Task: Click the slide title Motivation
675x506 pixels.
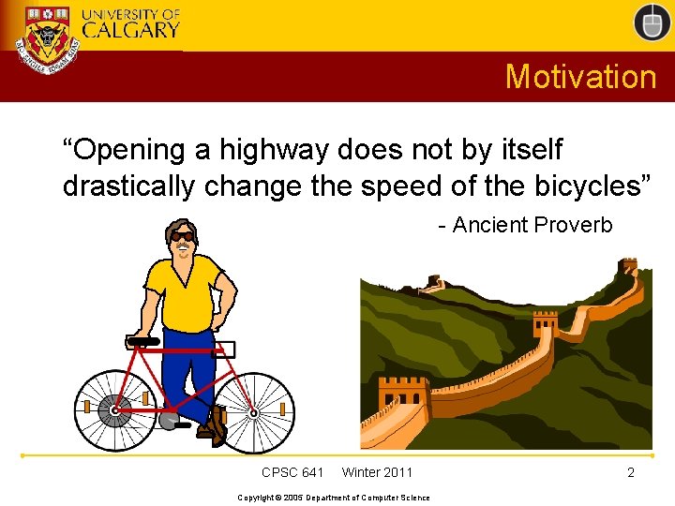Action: pyautogui.click(x=580, y=76)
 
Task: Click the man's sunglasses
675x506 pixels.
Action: pyautogui.click(x=182, y=236)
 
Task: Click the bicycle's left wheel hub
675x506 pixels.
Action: pyautogui.click(x=115, y=410)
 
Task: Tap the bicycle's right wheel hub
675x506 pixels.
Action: pyautogui.click(x=253, y=411)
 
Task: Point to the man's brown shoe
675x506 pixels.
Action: pyautogui.click(x=217, y=425)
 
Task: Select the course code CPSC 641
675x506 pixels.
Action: pyautogui.click(x=292, y=472)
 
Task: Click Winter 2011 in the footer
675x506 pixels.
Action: pyautogui.click(x=377, y=472)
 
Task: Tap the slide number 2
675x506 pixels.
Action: pyautogui.click(x=631, y=472)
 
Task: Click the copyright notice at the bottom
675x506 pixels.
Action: pyautogui.click(x=334, y=498)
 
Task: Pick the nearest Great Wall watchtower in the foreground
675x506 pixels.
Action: pyautogui.click(x=404, y=398)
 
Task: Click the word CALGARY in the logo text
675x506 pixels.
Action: pyautogui.click(x=130, y=29)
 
